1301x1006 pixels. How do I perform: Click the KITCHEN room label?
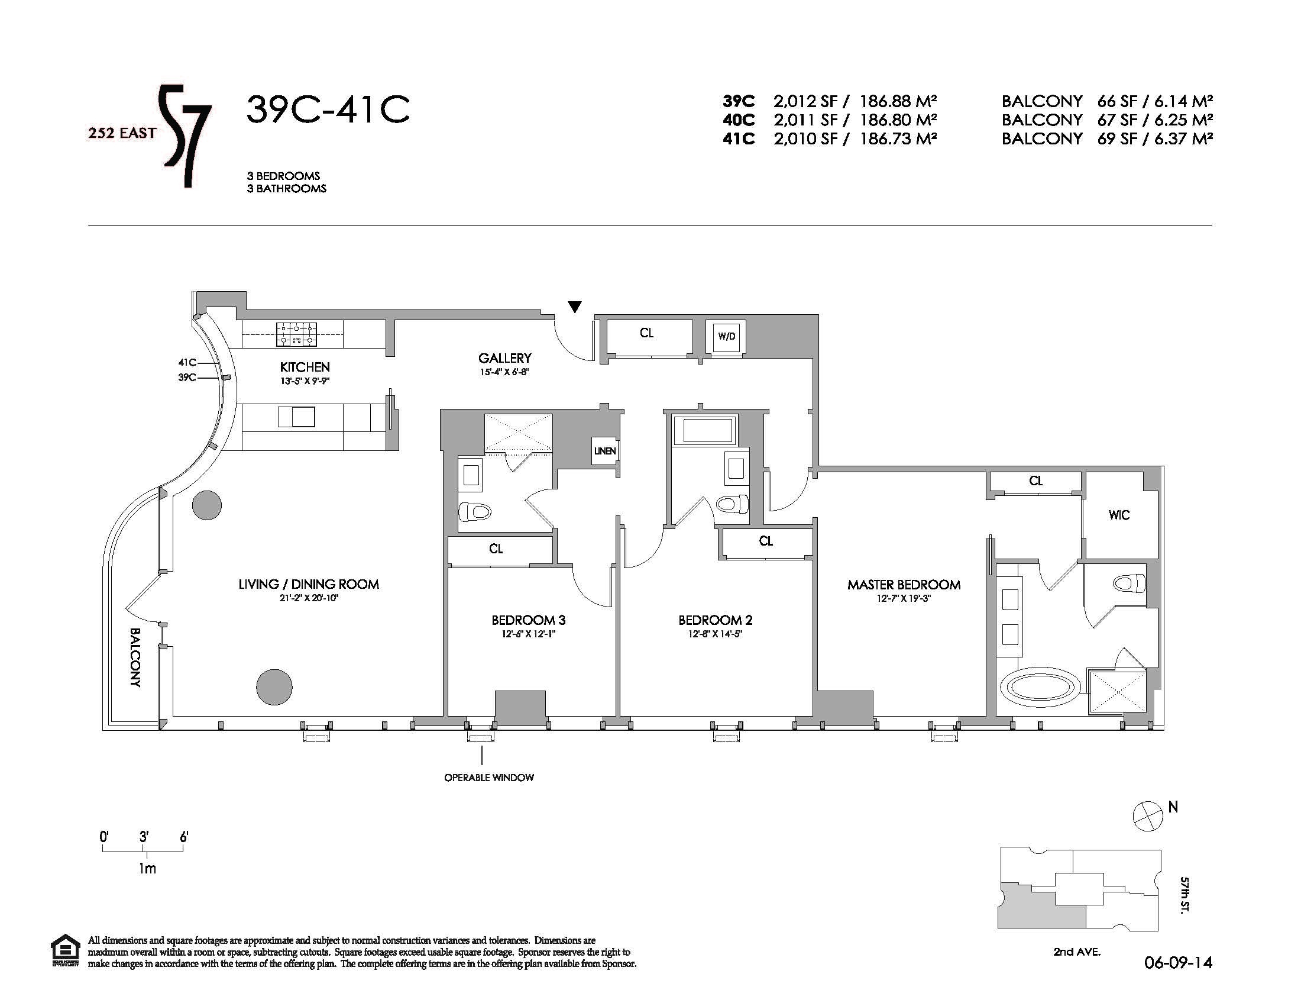(305, 367)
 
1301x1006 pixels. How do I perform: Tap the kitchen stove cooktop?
(297, 335)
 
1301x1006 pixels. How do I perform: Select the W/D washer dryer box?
(726, 337)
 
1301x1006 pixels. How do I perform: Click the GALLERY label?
(504, 358)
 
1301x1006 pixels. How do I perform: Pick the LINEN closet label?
(604, 451)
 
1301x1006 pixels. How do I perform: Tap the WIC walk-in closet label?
(1119, 515)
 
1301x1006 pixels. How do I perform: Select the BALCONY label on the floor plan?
(135, 657)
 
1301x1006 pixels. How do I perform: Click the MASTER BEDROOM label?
(904, 585)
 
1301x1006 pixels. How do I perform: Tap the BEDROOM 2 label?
(715, 620)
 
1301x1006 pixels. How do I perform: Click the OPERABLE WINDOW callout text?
(489, 778)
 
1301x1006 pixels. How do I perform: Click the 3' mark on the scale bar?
(144, 838)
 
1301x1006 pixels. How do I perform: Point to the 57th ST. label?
(1185, 894)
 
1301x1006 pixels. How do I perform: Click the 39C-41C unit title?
(328, 109)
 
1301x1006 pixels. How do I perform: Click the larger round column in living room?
(274, 687)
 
